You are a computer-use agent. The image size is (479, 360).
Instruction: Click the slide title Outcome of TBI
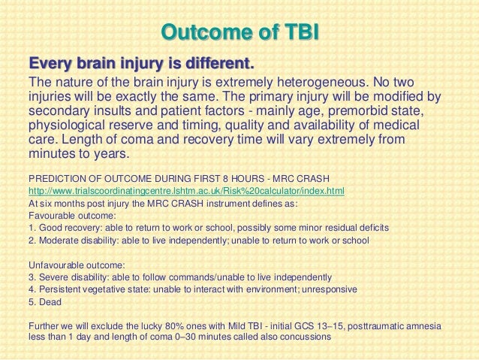coord(240,32)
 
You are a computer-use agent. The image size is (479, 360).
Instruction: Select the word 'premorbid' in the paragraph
coord(360,110)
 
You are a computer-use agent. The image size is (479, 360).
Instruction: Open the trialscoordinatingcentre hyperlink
coord(186,191)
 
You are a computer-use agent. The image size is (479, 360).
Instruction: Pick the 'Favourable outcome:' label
coord(72,216)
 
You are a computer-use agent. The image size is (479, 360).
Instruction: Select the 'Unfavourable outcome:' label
coord(77,265)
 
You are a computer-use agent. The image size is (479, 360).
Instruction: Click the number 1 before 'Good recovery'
coord(32,228)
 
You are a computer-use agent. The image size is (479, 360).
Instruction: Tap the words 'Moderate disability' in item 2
coord(77,241)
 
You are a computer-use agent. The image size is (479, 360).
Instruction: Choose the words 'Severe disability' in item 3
coord(74,277)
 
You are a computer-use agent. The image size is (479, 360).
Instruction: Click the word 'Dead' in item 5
coord(50,302)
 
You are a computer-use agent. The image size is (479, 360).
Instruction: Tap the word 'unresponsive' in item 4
coord(330,289)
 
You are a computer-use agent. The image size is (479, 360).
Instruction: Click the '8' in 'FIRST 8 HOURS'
coord(225,179)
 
